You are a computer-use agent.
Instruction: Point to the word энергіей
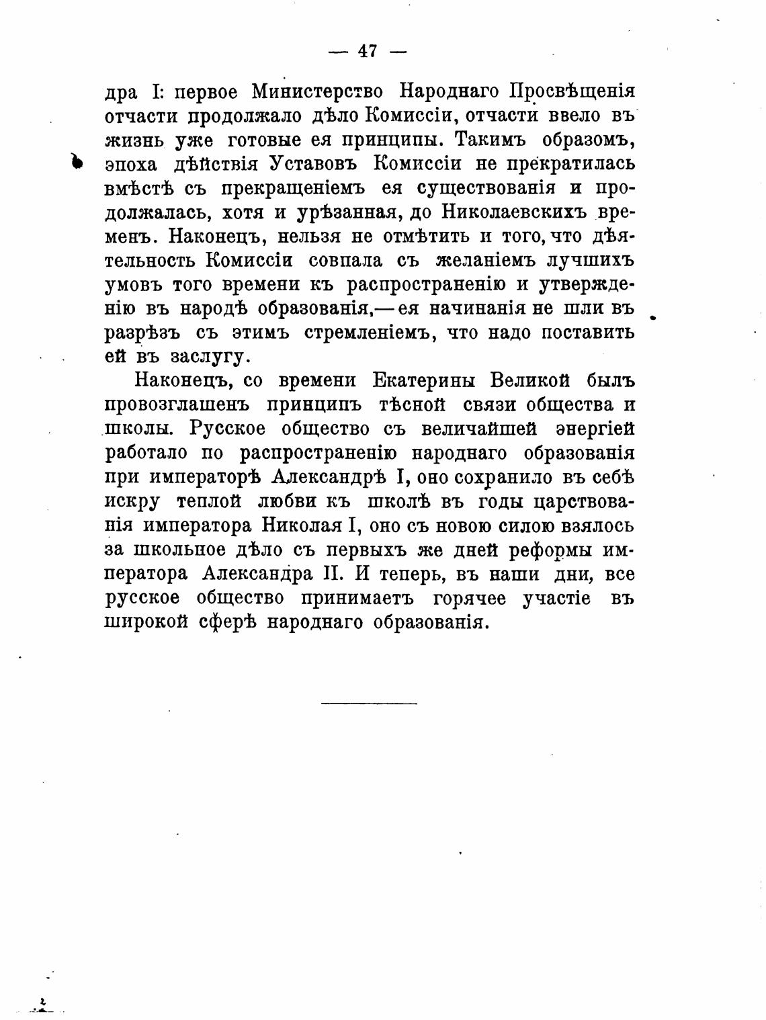click(595, 429)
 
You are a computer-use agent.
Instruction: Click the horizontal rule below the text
click(369, 703)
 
